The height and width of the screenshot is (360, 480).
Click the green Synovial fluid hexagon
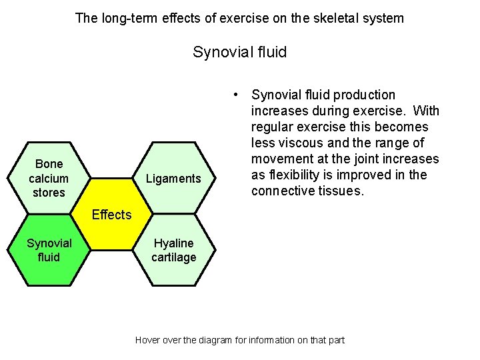click(49, 250)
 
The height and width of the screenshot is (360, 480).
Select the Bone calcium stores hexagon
click(49, 178)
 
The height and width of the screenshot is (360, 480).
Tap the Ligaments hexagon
click(173, 178)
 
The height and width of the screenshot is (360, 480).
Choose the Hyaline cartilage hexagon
click(173, 250)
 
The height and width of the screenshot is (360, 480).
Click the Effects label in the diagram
click(111, 215)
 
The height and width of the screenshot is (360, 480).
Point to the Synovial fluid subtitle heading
click(239, 52)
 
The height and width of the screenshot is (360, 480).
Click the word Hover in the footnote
click(148, 340)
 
